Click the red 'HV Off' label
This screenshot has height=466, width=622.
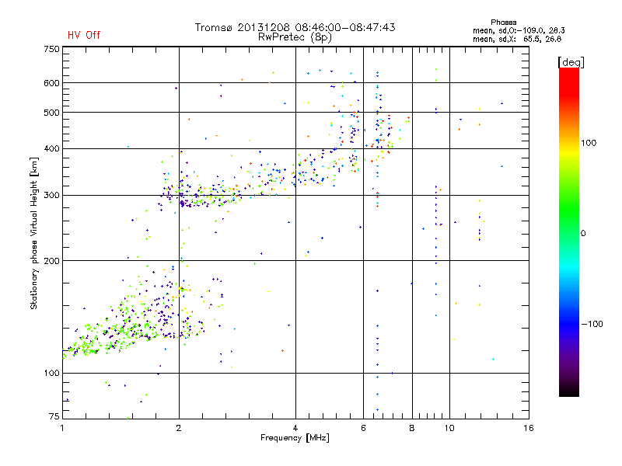[x=84, y=35]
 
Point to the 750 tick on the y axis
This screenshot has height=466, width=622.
[x=51, y=49]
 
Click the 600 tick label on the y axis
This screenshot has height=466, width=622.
[x=51, y=83]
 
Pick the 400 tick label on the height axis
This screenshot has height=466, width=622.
[x=51, y=148]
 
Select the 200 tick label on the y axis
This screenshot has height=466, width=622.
[x=51, y=261]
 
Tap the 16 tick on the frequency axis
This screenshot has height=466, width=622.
[x=528, y=428]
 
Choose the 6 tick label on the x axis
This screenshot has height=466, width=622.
[x=363, y=428]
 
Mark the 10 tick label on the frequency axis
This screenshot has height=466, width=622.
[x=449, y=428]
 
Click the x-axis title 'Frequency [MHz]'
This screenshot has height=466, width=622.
[x=295, y=439]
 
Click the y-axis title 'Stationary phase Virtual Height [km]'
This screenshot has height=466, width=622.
[x=34, y=233]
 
